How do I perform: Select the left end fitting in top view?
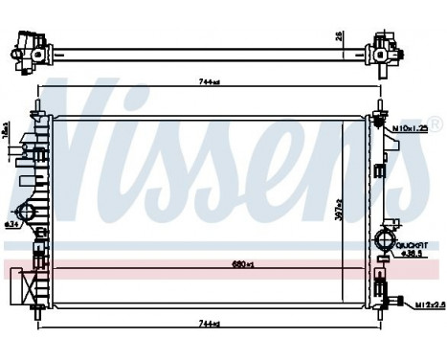click(x=29, y=51)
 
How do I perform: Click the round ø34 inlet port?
click(x=27, y=213)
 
